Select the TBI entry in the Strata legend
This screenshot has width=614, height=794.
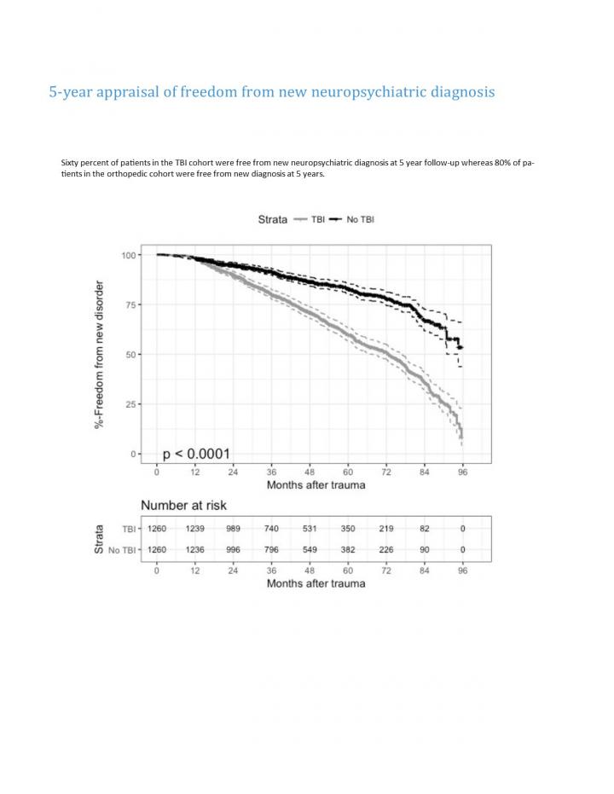pos(312,219)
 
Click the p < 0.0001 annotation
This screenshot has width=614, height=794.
pos(196,454)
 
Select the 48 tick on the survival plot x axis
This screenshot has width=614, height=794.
pos(310,472)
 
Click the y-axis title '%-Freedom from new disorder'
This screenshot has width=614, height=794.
pos(100,354)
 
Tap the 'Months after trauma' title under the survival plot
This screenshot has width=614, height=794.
pos(316,485)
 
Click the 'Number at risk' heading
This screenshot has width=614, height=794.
pos(183,506)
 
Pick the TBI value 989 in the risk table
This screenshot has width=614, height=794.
pos(233,529)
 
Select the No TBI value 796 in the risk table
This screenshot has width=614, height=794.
pos(271,549)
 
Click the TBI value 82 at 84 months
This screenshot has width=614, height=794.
pos(425,529)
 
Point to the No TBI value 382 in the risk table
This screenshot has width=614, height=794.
pos(348,549)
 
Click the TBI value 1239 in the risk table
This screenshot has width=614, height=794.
pos(194,529)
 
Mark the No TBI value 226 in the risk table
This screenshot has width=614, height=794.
pos(386,549)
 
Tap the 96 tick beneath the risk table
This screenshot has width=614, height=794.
pos(463,570)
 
